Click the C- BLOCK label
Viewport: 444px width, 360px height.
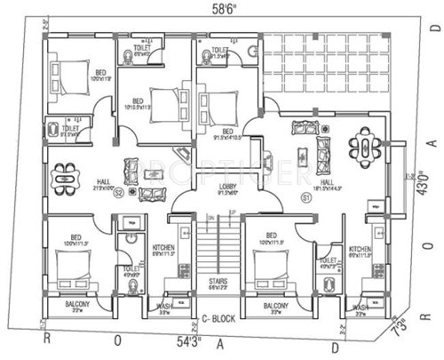pos(216,317)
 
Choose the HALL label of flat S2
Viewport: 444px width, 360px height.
pos(104,181)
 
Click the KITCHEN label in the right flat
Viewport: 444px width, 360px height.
pos(360,249)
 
